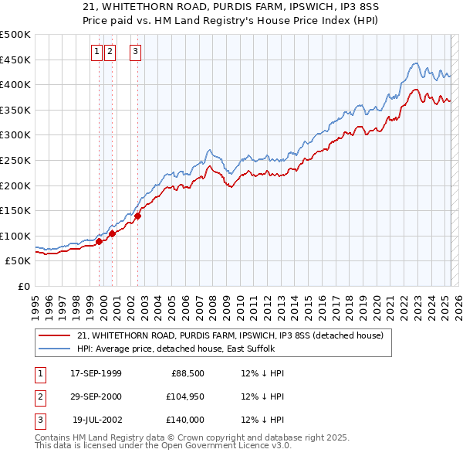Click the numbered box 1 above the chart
pos(97,52)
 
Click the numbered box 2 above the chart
pos(110,52)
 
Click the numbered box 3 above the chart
pos(135,52)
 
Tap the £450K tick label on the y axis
pos(15,60)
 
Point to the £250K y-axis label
pos(15,160)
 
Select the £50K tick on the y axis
pos(19,261)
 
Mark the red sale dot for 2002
pos(138,216)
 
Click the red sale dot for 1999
pos(100,242)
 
